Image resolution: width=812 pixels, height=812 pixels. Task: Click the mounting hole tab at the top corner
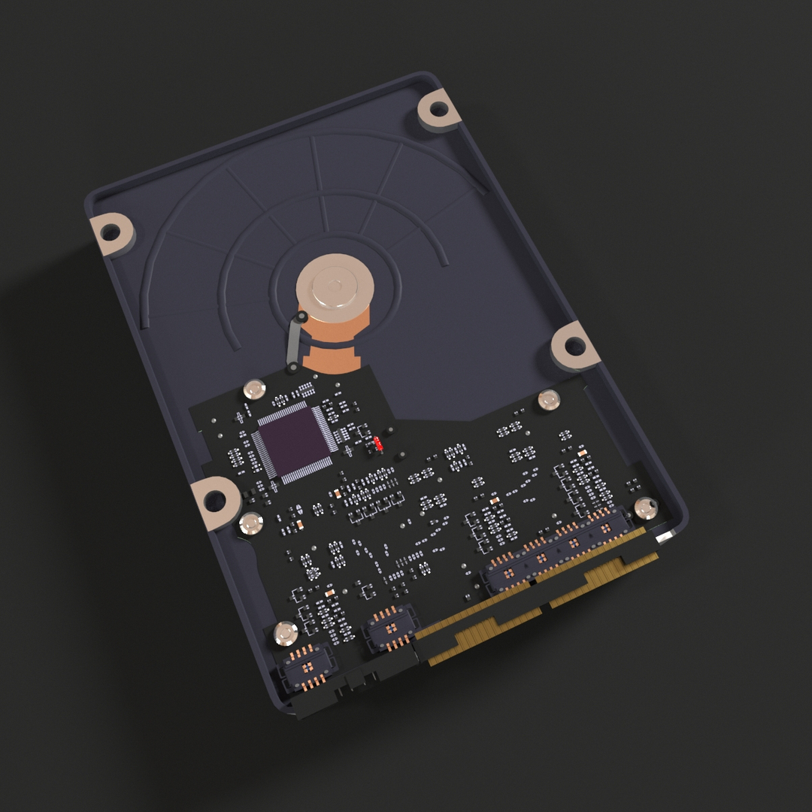tap(438, 111)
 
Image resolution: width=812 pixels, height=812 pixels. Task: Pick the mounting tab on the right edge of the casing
tap(573, 346)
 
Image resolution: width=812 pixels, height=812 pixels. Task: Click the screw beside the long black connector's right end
tap(645, 509)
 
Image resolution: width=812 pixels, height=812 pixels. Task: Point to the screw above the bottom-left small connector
tap(286, 633)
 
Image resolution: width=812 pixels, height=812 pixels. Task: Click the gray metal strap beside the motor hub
tap(294, 343)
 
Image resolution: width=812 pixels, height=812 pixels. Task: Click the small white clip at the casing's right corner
tap(665, 536)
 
